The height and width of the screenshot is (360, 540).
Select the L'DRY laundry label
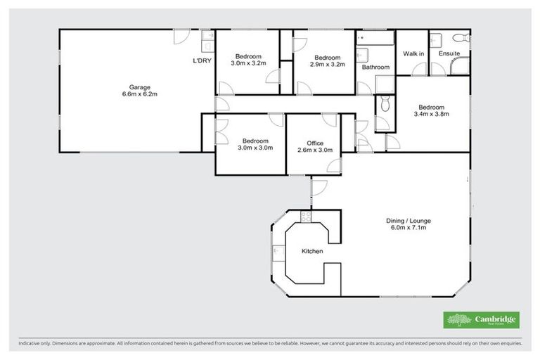coord(202,61)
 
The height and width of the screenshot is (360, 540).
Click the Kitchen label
coord(312,251)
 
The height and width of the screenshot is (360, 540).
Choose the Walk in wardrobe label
coord(413,53)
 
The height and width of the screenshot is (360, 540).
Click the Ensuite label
coord(449,53)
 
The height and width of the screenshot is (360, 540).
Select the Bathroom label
coord(375,67)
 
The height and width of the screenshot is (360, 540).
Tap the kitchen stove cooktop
coord(305,217)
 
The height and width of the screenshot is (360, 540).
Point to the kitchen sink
coord(278,251)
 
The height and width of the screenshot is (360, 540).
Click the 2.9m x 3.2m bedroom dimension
coord(328,64)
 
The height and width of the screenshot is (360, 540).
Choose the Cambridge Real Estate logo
coord(482,320)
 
